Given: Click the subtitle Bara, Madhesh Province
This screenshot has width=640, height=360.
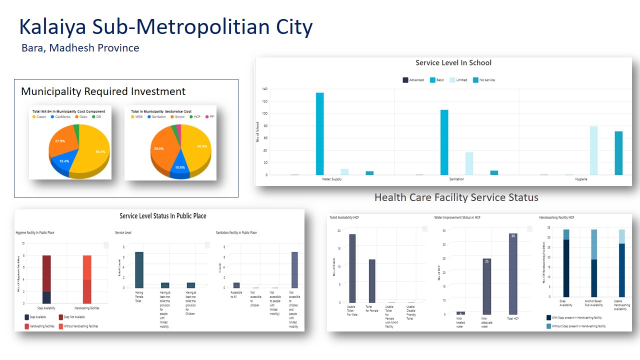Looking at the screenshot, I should (x=80, y=48).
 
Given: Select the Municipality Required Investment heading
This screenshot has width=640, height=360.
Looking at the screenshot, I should (x=103, y=91).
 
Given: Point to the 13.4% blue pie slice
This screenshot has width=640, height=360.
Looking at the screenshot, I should (x=64, y=161).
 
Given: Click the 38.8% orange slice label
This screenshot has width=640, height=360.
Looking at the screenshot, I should (x=159, y=149).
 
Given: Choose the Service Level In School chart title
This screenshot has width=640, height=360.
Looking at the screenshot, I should (x=453, y=63).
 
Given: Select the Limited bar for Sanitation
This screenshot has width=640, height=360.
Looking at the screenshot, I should (x=469, y=163).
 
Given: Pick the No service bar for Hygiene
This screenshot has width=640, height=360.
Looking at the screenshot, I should (x=618, y=153).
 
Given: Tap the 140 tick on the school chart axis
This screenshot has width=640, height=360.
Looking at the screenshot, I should (x=264, y=89).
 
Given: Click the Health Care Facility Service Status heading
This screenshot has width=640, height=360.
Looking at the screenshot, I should (x=456, y=197).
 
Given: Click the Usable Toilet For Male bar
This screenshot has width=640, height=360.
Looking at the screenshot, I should (x=352, y=268).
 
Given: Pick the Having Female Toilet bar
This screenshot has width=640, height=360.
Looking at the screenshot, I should (x=139, y=270).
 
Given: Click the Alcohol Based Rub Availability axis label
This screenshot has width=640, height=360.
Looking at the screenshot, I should (x=593, y=303).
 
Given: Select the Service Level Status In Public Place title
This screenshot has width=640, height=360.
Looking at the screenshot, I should (x=163, y=216).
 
